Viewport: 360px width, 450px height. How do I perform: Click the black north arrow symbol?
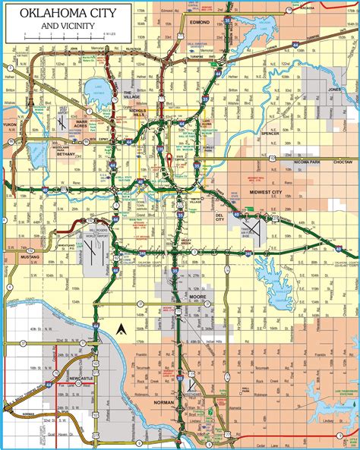[x=120, y=329]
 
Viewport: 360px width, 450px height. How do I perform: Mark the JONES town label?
[x=334, y=89]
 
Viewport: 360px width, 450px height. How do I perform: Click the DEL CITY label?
[x=219, y=217]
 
